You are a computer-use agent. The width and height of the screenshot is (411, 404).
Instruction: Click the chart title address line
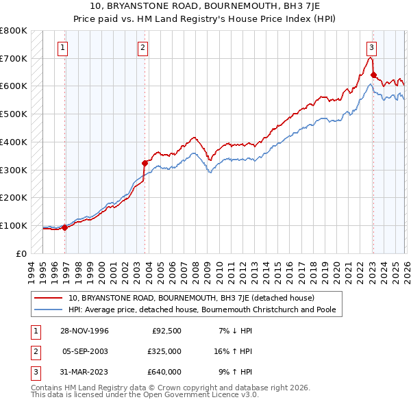[x=206, y=6]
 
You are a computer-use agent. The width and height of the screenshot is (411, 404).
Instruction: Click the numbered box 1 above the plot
[x=62, y=48]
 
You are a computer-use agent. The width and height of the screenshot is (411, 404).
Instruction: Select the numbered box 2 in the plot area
[x=142, y=48]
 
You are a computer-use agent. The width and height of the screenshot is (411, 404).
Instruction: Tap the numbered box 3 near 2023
[x=371, y=48]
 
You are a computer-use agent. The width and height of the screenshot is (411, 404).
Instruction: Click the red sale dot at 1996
[x=65, y=227]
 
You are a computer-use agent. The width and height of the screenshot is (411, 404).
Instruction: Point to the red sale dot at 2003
[x=145, y=163]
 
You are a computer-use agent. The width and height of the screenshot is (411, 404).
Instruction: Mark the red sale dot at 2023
[x=373, y=75]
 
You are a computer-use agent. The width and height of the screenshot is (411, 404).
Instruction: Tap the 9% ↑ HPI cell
[x=234, y=372]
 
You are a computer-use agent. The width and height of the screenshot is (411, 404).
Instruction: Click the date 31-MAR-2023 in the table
[x=85, y=372]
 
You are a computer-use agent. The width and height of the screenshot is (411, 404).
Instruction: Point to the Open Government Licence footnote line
[x=145, y=395]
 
